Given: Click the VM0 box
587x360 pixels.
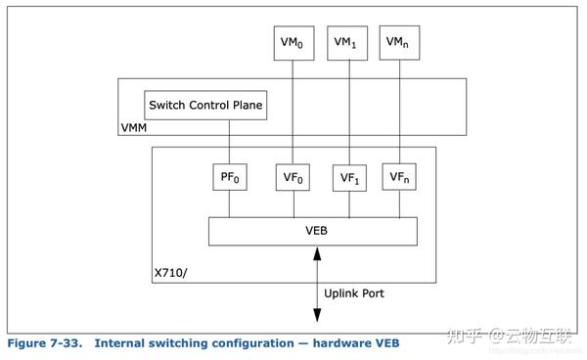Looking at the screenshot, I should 293,43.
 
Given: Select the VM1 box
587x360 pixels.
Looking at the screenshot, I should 346,43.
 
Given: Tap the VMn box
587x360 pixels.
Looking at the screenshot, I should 398,43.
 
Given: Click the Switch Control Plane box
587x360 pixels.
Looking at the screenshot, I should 204,106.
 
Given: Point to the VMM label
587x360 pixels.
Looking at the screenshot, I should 137,127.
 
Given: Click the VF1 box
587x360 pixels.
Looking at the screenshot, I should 348,178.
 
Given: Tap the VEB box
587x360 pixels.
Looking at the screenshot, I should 313,231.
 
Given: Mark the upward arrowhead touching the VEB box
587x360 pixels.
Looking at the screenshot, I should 316,251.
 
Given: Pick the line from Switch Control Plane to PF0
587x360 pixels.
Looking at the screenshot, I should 229,141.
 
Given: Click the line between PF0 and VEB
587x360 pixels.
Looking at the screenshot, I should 229,203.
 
